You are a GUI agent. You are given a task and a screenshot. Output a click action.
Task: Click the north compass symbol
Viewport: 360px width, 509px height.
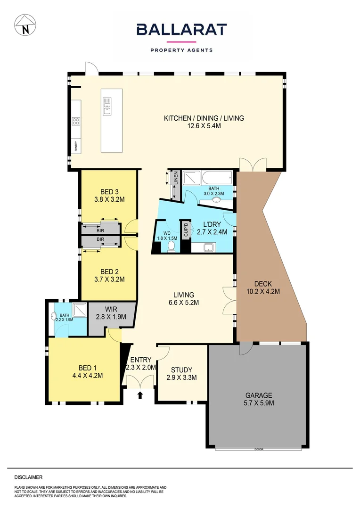pos(25,25)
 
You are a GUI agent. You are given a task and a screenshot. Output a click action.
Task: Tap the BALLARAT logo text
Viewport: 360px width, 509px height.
pos(181,30)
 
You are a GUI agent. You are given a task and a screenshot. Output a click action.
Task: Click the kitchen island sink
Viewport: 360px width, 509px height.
pos(107,107)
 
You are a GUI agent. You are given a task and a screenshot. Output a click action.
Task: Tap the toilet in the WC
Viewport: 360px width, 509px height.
pos(171,247)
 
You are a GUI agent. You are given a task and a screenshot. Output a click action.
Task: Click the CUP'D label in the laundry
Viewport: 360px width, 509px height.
pos(186,230)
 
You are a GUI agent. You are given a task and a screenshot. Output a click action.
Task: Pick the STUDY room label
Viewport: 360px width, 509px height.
pos(181,370)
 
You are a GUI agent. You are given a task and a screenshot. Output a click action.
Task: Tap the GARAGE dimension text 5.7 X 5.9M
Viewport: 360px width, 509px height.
pos(259,403)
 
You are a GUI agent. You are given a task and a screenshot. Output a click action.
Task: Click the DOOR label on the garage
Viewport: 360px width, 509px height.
pos(258,449)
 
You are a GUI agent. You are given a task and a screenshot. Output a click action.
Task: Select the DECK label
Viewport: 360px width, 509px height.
pos(263,284)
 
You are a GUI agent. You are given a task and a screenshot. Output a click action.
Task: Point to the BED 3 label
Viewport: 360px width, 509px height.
pos(109,192)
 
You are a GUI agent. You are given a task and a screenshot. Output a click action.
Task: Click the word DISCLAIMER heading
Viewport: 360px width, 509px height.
pos(28,477)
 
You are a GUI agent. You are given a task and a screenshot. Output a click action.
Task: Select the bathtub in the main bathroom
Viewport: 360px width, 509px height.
pos(216,178)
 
